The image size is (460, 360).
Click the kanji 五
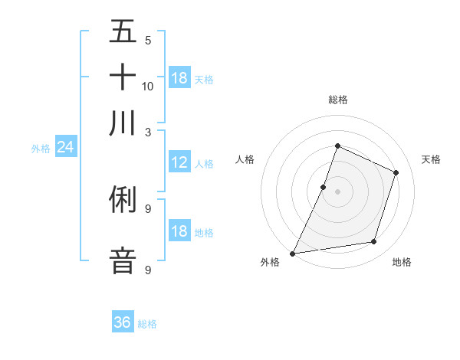pos(123,33)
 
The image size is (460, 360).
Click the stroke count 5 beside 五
pos(147,40)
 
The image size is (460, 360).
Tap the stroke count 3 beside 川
pos(147,131)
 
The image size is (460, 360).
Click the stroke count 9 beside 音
pos(147,270)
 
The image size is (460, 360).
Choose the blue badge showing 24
pos(65,147)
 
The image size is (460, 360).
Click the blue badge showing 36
pos(123,322)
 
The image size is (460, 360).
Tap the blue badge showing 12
pos(179,162)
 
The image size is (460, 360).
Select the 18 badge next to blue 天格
pos(179,78)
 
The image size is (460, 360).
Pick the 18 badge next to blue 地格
pos(179,231)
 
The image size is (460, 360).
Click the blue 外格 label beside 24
pos(41,149)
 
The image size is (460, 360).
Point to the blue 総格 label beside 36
pos(147,324)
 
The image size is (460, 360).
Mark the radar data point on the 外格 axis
pos(293,254)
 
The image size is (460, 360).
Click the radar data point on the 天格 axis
pos(396,172)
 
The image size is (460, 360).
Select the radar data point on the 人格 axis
pos(324,187)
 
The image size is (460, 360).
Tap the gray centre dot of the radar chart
pos(337,191)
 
